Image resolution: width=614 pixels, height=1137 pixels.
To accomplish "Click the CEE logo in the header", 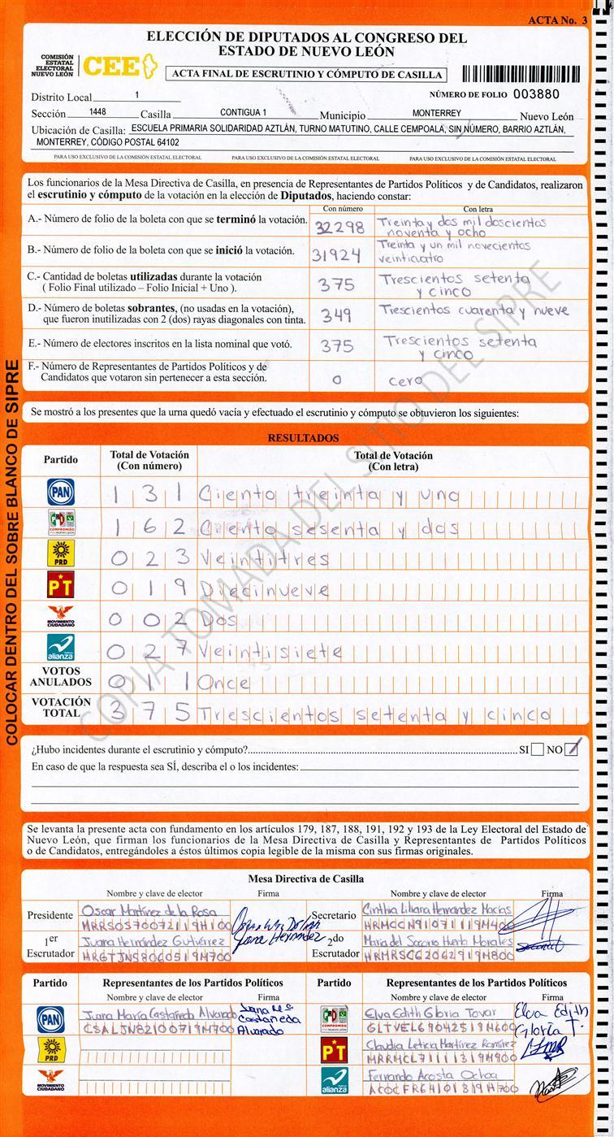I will (x=119, y=67).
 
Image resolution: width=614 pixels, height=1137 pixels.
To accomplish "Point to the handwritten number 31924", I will (x=336, y=255).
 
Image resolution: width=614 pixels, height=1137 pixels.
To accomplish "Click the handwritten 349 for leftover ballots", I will (x=336, y=315).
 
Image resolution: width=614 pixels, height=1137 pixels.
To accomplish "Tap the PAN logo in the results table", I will (x=61, y=492).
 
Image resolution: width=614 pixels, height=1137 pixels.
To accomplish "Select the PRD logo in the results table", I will (x=61, y=554).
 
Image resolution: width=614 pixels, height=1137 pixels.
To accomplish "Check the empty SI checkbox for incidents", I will (x=537, y=749).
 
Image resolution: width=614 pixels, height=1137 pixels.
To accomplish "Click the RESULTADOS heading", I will (x=303, y=438).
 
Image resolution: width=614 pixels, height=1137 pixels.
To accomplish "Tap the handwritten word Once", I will (x=224, y=683).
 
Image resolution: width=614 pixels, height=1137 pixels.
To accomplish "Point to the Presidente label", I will (x=50, y=915).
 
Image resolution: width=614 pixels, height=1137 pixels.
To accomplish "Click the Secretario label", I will (x=333, y=915).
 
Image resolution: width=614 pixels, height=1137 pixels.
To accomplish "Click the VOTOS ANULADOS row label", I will (x=61, y=677).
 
